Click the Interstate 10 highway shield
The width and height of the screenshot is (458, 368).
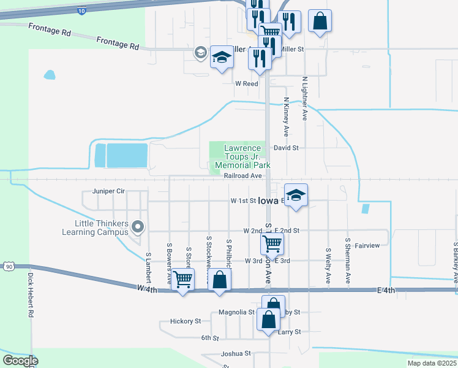82,11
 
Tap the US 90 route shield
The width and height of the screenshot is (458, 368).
8,266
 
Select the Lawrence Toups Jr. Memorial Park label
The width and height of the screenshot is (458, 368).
247,156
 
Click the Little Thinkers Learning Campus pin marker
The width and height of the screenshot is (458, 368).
138,228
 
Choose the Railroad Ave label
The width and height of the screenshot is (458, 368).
243,175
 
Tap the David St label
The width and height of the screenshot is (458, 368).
286,148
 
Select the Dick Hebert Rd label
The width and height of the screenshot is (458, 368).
29,294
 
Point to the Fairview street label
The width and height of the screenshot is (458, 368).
367,245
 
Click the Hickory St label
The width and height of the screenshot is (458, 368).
186,321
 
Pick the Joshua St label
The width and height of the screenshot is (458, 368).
236,353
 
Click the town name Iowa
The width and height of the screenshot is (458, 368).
268,201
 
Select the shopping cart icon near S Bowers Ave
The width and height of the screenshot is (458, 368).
183,279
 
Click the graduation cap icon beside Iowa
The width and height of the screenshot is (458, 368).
296,195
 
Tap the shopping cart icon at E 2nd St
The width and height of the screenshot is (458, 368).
271,243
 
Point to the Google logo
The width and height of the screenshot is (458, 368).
20,361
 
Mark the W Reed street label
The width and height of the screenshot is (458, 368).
247,83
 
